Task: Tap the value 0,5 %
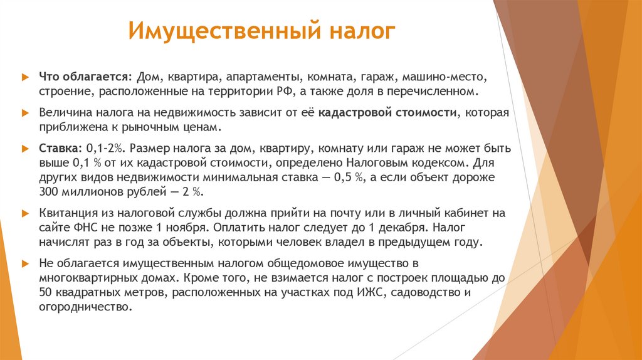[347, 177]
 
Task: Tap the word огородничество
[85, 307]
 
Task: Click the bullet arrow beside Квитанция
[25, 213]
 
